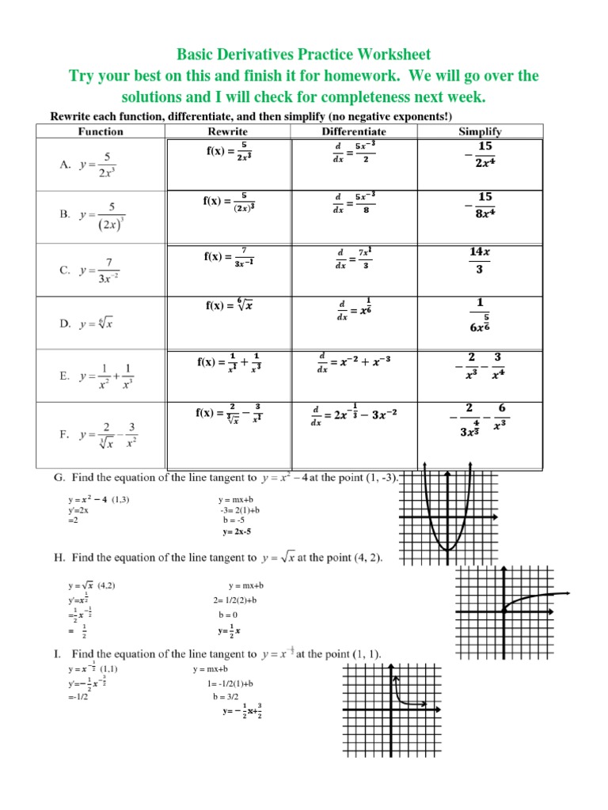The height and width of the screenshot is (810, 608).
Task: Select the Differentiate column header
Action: pos(354,131)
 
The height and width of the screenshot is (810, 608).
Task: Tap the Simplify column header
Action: pos(480,131)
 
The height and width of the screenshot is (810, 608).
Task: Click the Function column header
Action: pos(101,131)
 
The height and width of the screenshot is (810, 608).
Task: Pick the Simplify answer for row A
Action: pos(483,154)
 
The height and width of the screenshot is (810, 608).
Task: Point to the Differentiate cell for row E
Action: pos(354,361)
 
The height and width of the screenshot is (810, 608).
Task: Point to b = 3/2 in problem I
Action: pos(225,697)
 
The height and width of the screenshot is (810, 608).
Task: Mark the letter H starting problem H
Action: pos(59,558)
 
